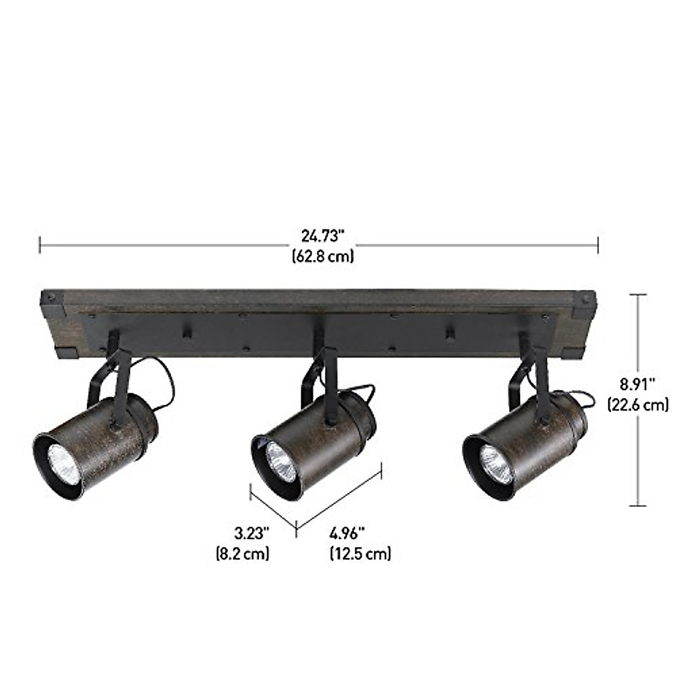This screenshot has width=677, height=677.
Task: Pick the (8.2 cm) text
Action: click(x=243, y=553)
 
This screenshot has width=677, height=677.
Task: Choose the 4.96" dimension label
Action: click(x=348, y=534)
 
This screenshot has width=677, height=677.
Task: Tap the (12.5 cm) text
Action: click(x=360, y=553)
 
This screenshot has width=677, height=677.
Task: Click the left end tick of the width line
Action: click(x=39, y=245)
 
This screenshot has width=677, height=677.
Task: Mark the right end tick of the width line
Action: click(x=597, y=245)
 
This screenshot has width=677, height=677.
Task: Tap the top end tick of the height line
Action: click(x=638, y=294)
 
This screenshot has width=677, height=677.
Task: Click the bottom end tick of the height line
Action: click(x=638, y=505)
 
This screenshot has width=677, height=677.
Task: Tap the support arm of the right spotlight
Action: click(x=540, y=378)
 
